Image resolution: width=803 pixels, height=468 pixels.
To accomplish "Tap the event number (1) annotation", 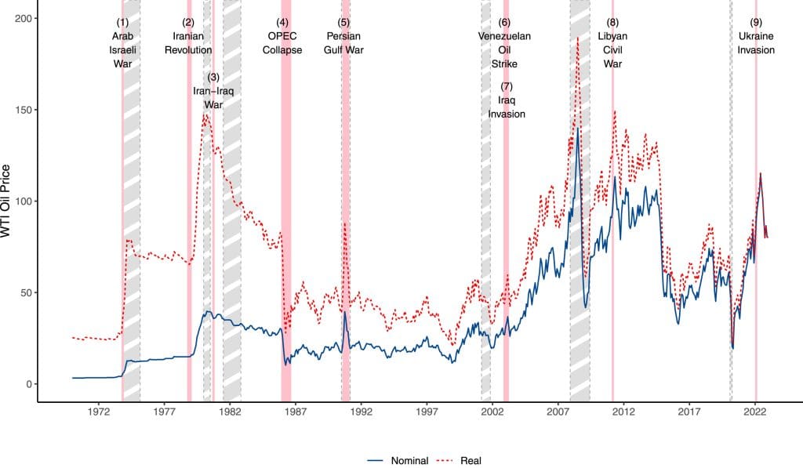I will coord(122,22).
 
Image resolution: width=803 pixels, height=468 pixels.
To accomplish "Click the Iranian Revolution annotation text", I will coord(188,43).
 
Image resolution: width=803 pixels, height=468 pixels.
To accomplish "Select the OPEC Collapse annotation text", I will coord(282,43).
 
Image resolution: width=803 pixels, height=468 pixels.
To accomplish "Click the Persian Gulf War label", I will coord(344,43).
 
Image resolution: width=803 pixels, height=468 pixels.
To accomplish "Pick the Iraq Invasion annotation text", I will coord(507,107).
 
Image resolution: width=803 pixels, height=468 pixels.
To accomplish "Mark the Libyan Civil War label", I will coord(612,49).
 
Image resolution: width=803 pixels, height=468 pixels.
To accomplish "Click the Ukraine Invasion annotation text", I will coord(755,43).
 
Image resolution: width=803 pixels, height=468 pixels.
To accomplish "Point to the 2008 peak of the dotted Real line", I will coord(578,38).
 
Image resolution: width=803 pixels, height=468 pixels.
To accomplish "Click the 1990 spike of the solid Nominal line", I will coord(344,313).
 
